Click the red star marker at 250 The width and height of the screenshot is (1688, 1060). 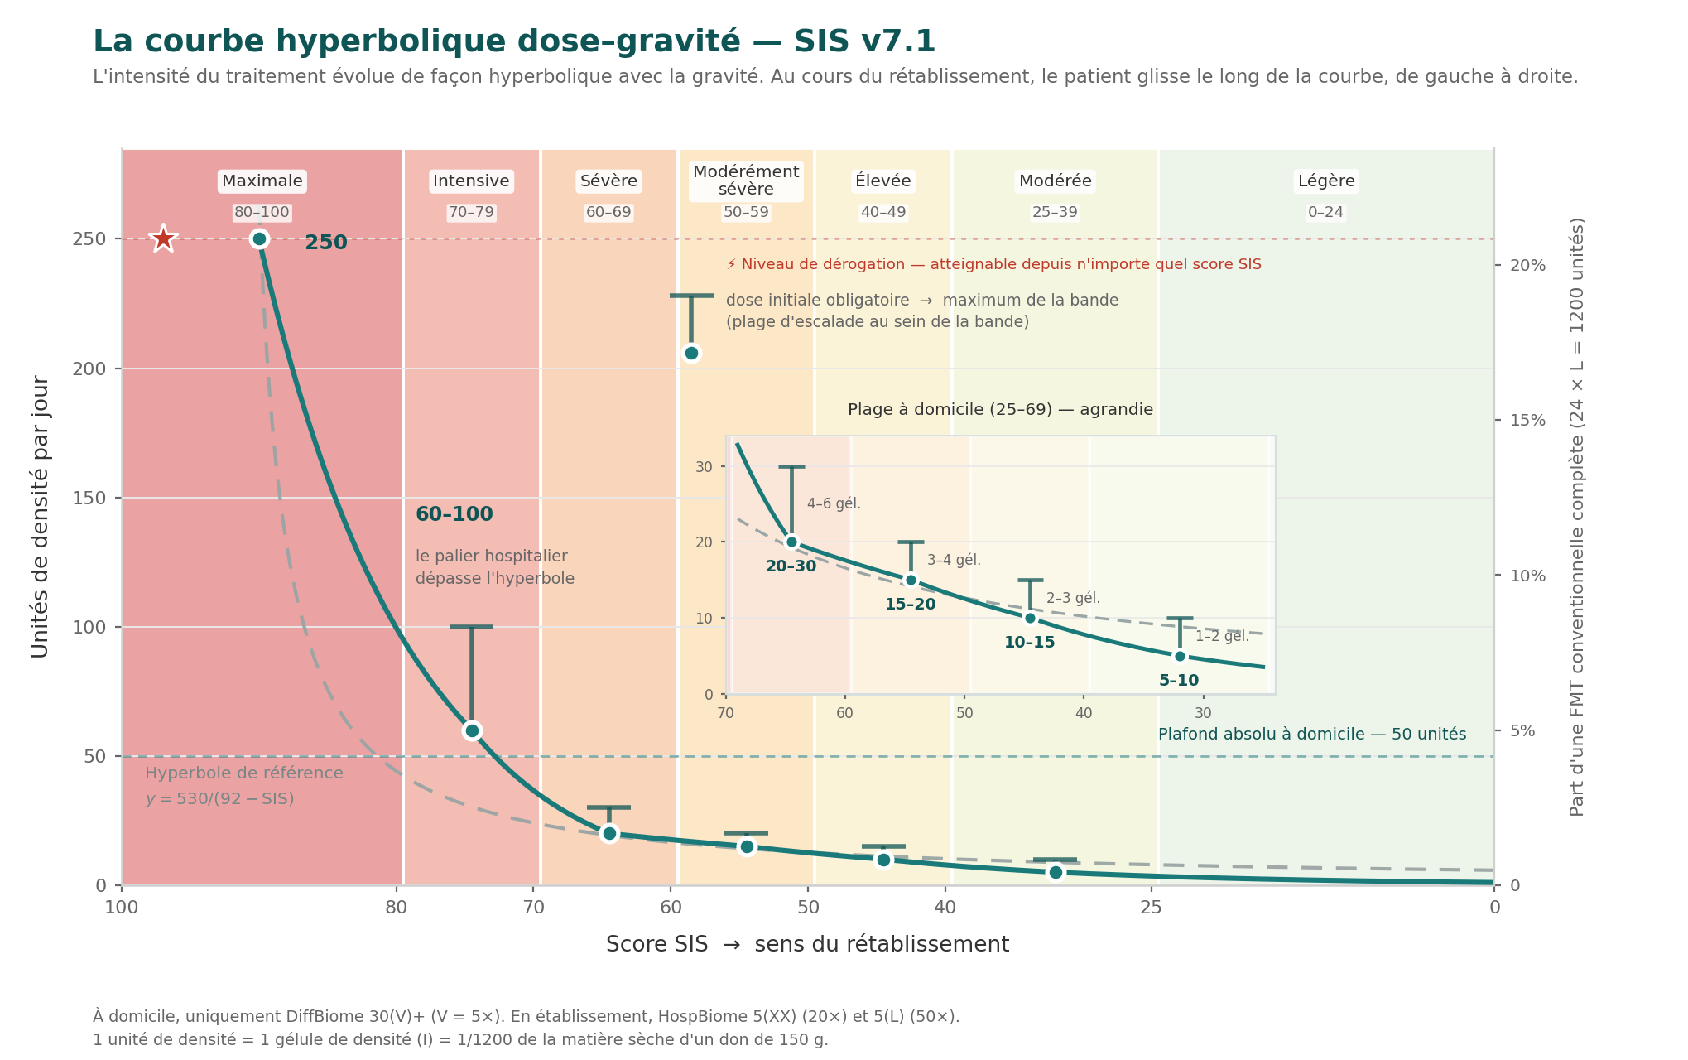(x=164, y=239)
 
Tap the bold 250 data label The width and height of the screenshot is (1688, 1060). (x=326, y=243)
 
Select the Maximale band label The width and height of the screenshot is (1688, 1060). (x=262, y=181)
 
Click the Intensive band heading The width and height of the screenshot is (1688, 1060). (x=471, y=181)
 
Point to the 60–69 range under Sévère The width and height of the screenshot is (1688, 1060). (x=608, y=213)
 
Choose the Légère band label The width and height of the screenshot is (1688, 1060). (x=1326, y=181)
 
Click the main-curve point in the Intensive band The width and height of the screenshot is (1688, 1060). (x=472, y=730)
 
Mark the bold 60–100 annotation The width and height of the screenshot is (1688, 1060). (x=454, y=514)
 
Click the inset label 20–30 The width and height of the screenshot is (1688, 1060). (x=791, y=566)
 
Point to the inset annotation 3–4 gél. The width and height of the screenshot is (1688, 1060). (x=954, y=561)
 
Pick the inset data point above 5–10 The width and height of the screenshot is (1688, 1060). (x=1180, y=656)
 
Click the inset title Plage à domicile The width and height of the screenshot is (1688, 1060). (x=1000, y=410)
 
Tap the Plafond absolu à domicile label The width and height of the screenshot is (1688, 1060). (x=1312, y=735)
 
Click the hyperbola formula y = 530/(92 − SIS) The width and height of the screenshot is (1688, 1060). (x=219, y=799)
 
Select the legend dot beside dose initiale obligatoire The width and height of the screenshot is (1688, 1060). (x=691, y=354)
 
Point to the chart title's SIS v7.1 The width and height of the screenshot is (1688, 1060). (x=864, y=41)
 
